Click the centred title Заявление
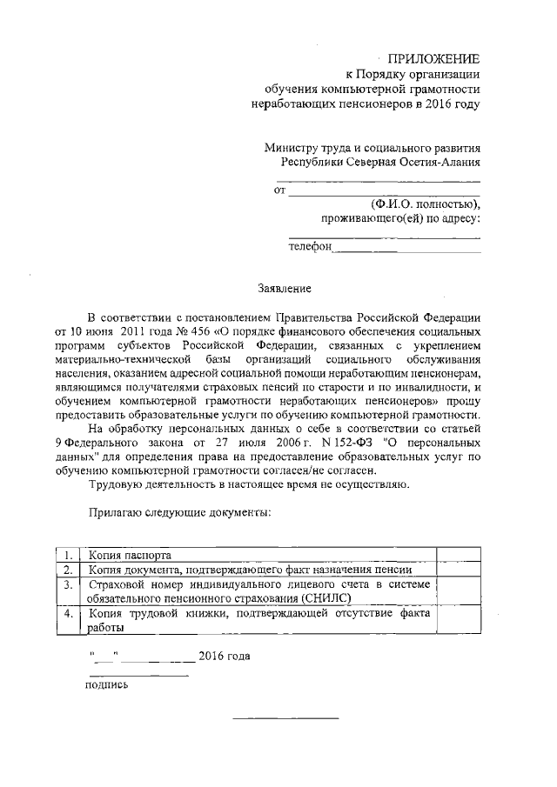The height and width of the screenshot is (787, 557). click(x=284, y=287)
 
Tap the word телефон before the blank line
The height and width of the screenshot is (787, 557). click(x=311, y=247)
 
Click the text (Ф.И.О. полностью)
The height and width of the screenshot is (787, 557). click(x=425, y=203)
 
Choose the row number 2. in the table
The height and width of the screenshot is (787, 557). click(x=67, y=570)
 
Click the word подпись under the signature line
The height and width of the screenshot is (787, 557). click(x=106, y=684)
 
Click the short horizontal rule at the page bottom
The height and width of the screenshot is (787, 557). click(x=285, y=717)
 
